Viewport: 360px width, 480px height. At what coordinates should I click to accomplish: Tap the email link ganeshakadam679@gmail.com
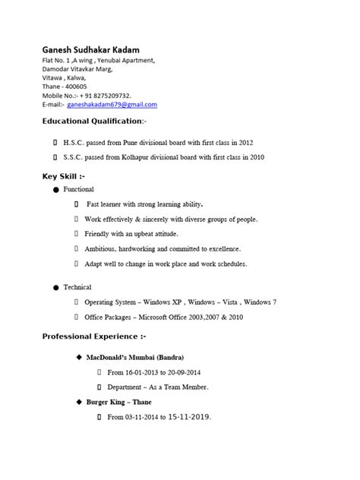(x=112, y=105)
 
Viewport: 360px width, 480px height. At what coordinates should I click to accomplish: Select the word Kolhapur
(x=134, y=158)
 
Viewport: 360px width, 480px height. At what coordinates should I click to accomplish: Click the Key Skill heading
(x=64, y=176)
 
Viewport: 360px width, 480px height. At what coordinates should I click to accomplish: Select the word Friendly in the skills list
(x=98, y=234)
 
